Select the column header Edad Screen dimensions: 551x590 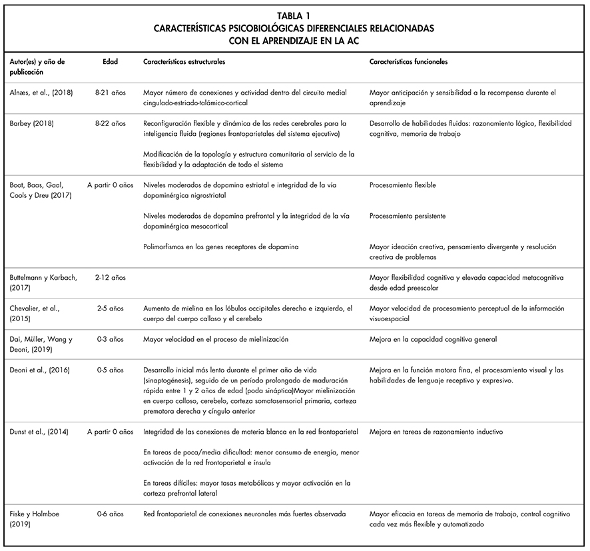[110, 61]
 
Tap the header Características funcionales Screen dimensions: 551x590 [408, 61]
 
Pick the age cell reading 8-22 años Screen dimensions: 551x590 [110, 123]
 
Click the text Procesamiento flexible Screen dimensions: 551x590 [402, 185]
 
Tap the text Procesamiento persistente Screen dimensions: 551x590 [407, 216]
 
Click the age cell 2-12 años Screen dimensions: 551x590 [110, 277]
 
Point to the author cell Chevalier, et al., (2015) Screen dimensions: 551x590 [35, 313]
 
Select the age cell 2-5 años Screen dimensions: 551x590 [110, 308]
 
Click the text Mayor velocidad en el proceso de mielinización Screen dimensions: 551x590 [216, 339]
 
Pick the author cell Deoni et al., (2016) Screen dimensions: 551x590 [39, 370]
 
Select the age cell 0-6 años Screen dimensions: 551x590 [110, 514]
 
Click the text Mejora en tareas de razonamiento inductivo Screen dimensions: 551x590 [436, 432]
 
